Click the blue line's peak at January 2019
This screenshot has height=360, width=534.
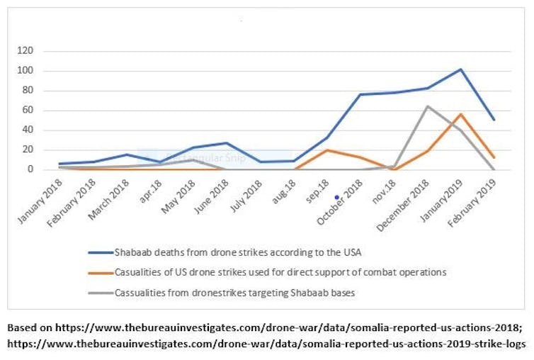tap(460, 69)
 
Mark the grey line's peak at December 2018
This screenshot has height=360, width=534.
tap(427, 106)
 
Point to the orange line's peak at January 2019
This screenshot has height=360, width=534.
tap(460, 114)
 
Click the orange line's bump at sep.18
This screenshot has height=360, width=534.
tap(326, 150)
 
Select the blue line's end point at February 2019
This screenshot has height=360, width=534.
tap(494, 120)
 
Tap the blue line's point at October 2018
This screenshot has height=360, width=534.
tap(360, 95)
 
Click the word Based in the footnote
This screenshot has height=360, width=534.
tap(22, 329)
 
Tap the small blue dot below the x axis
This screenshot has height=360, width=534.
tap(336, 198)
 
